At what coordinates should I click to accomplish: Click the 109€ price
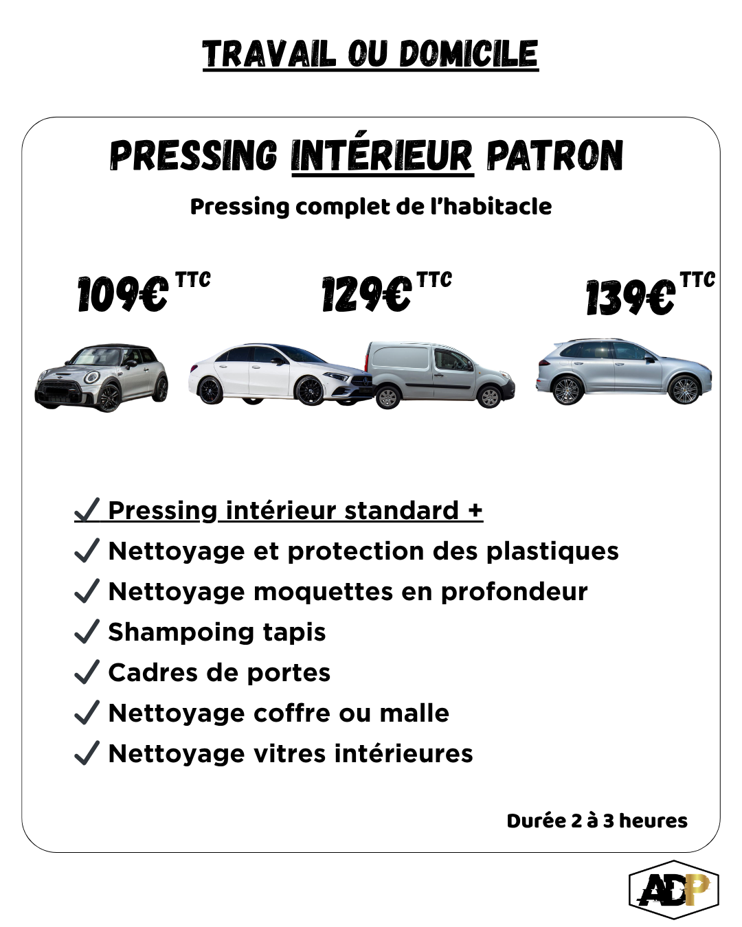(122, 294)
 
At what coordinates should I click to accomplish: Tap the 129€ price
(366, 294)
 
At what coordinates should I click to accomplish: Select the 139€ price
(630, 297)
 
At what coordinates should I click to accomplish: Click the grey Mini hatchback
(101, 378)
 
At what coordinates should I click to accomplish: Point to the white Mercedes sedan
(280, 374)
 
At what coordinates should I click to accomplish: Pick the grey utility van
(440, 375)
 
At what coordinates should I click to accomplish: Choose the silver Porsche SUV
(624, 371)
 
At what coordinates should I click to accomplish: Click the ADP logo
(674, 889)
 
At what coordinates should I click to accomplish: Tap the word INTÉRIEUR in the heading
(383, 155)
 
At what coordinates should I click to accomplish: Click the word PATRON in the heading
(555, 155)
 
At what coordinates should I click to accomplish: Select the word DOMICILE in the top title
(469, 54)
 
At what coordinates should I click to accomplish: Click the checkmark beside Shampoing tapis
(87, 632)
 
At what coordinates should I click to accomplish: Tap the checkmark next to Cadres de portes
(87, 672)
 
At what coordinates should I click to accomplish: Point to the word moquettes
(324, 591)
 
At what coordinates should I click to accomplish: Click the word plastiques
(553, 552)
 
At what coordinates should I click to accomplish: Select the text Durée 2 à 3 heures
(597, 821)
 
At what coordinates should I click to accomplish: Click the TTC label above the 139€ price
(697, 279)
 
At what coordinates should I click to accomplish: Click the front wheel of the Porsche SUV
(684, 389)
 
